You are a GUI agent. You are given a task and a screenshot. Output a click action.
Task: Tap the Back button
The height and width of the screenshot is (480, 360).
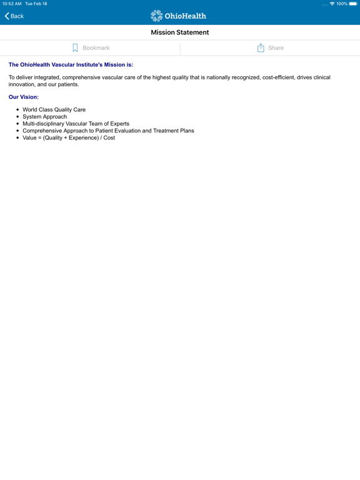14,16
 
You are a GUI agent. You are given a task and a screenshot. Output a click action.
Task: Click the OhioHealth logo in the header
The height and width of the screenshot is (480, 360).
178,16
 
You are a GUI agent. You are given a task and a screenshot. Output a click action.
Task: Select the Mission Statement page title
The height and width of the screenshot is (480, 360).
180,32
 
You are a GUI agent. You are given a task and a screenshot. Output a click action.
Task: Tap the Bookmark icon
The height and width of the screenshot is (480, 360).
75,48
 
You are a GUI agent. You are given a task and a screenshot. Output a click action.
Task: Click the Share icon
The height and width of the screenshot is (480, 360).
261,48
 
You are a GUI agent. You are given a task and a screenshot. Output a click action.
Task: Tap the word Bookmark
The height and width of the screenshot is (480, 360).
96,48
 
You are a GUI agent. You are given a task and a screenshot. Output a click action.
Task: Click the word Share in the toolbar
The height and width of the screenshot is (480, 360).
276,48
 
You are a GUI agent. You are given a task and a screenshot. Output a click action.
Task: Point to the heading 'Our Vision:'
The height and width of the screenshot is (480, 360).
24,97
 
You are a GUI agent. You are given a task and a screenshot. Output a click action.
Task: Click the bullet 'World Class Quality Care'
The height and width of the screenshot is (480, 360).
54,110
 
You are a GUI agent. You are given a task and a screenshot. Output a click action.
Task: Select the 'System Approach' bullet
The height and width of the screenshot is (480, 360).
44,117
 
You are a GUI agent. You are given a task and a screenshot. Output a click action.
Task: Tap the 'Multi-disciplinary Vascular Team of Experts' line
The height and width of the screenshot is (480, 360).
76,124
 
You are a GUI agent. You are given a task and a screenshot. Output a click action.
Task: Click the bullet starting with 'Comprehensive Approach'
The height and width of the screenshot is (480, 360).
108,131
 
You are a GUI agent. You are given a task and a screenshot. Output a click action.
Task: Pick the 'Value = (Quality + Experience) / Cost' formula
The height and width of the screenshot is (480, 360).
69,137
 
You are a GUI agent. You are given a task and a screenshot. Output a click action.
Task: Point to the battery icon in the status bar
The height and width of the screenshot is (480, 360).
353,4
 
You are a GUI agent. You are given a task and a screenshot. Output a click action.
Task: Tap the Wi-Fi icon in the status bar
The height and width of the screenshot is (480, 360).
332,4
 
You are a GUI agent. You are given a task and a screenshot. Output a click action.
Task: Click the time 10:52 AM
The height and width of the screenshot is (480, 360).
12,4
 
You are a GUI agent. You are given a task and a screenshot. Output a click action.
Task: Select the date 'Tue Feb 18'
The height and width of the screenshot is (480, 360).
36,4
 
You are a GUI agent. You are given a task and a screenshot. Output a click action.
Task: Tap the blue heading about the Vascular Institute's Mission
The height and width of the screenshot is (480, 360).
71,64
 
